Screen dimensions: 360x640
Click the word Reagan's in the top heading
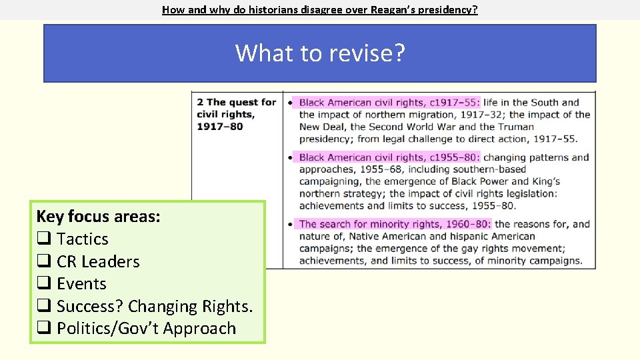coord(391,10)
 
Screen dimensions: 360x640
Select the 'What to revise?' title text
coord(320,53)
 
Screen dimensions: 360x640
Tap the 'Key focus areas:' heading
coord(98,217)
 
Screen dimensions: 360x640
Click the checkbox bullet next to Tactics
coord(43,239)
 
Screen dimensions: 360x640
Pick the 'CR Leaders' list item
coord(98,261)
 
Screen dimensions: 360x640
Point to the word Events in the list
coord(81,284)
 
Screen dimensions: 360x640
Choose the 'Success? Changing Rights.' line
coord(155,306)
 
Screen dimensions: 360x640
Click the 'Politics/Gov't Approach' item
coord(146,329)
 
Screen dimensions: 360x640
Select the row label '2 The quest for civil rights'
coord(236,114)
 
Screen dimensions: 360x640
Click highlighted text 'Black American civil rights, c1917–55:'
coord(389,103)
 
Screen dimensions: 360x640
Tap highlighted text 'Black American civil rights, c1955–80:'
coord(389,157)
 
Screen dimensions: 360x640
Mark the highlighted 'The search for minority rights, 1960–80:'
coord(395,224)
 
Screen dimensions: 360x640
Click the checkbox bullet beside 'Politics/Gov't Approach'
coord(43,329)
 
